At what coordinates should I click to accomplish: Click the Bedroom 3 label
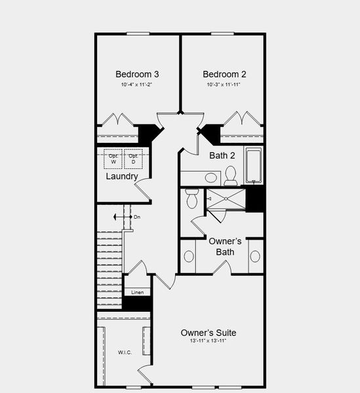[x=137, y=74]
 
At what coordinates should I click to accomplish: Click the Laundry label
[x=122, y=177]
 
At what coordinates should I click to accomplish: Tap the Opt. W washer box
[x=113, y=159]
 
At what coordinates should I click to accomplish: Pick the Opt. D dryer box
[x=133, y=159]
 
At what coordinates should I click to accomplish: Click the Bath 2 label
[x=222, y=156]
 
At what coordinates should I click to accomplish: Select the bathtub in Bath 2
[x=254, y=166]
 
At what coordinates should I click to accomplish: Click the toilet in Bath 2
[x=230, y=175]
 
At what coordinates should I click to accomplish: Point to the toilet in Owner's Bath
[x=191, y=197]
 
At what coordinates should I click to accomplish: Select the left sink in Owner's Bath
[x=190, y=256]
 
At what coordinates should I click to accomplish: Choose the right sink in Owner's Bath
[x=255, y=256]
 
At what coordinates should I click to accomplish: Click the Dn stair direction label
[x=137, y=217]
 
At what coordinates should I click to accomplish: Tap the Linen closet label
[x=137, y=292]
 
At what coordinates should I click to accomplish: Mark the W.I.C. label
[x=125, y=352]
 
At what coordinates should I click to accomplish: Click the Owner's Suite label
[x=208, y=333]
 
